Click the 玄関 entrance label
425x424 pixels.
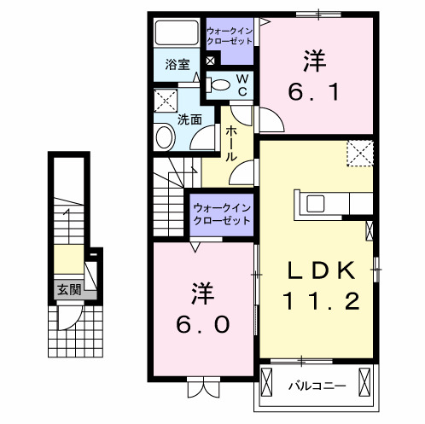click(69, 290)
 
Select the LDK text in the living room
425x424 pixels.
click(320, 270)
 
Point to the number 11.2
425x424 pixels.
click(321, 300)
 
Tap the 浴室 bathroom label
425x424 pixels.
click(177, 63)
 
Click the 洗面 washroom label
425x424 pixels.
click(189, 119)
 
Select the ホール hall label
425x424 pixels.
click(231, 144)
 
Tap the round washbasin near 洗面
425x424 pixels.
click(163, 137)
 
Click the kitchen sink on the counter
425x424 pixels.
click(314, 203)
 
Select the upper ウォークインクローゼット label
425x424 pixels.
click(230, 36)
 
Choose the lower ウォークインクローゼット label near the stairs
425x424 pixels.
click(221, 213)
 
